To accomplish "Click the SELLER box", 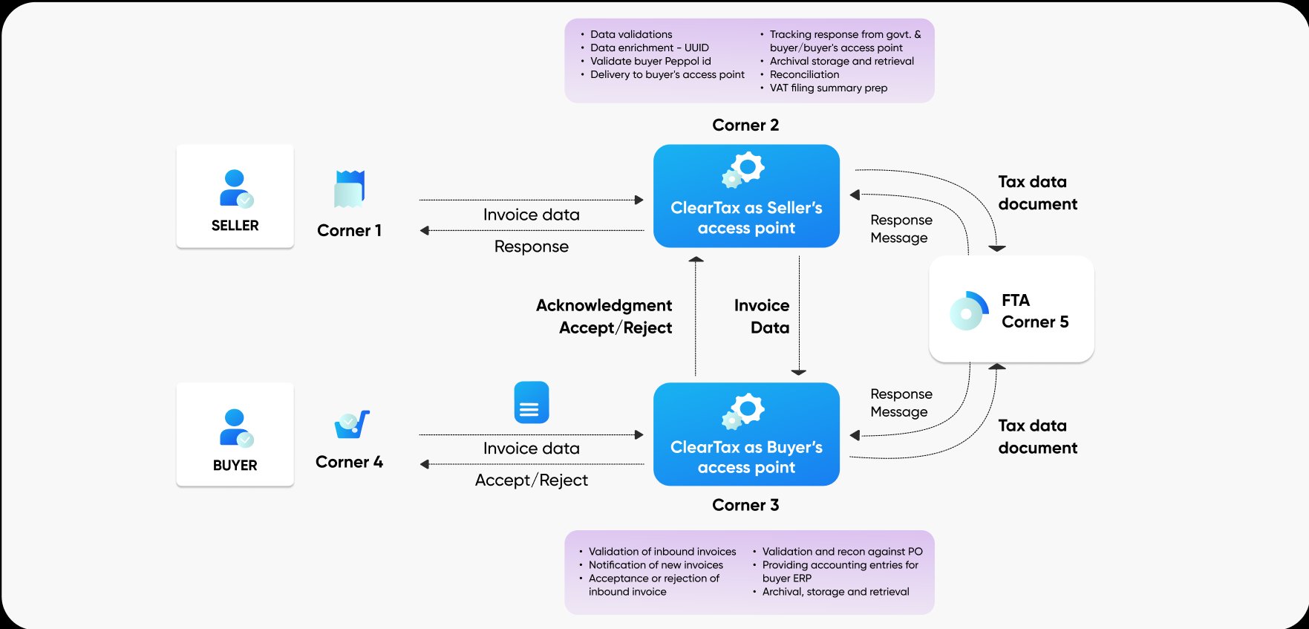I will pyautogui.click(x=235, y=197).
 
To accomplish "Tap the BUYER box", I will pyautogui.click(x=235, y=435).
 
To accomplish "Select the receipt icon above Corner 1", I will pyautogui.click(x=349, y=189).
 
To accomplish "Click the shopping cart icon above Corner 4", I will pyautogui.click(x=351, y=424).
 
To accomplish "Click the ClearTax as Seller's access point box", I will pyautogui.click(x=746, y=197).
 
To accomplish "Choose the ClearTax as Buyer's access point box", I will pyautogui.click(x=746, y=435).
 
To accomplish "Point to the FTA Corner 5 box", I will pyautogui.click(x=1011, y=310).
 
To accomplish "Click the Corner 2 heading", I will pyautogui.click(x=745, y=125).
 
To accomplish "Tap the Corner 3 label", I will pyautogui.click(x=745, y=505).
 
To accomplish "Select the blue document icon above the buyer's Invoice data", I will pyautogui.click(x=531, y=403).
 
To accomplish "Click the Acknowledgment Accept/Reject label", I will pyautogui.click(x=604, y=316).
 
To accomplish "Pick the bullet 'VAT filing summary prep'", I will pyautogui.click(x=828, y=88).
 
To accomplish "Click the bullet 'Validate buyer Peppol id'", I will pyautogui.click(x=650, y=61).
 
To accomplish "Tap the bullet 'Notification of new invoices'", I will pyautogui.click(x=656, y=564).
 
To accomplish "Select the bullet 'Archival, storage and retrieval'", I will pyautogui.click(x=835, y=592).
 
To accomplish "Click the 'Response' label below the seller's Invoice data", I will pyautogui.click(x=532, y=247).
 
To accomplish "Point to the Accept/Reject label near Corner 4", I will pyautogui.click(x=532, y=480).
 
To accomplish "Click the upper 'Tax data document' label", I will pyautogui.click(x=1037, y=192).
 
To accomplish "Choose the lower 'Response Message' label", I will pyautogui.click(x=901, y=403).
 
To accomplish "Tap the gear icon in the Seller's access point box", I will pyautogui.click(x=744, y=169).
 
